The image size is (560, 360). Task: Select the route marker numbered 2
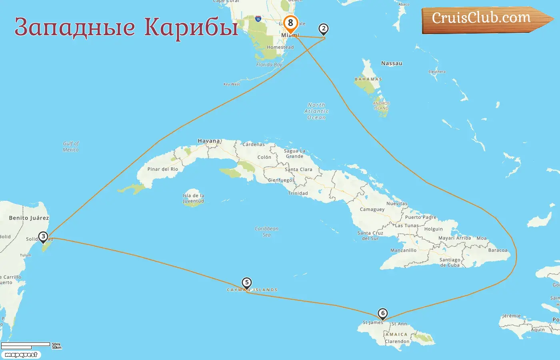(324, 29)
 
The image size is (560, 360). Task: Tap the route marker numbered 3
(43, 237)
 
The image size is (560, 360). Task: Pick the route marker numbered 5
(247, 283)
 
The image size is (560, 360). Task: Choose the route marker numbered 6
(383, 314)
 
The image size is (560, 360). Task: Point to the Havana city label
(209, 141)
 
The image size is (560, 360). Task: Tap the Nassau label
(392, 63)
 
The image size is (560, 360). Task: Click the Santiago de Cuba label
(450, 262)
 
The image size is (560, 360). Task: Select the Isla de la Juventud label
(194, 198)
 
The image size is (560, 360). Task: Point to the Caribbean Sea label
(266, 232)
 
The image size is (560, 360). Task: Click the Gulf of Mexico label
(71, 146)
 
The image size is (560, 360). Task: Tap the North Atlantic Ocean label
(316, 111)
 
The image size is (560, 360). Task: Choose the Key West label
(232, 84)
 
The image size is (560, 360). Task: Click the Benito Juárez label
(29, 218)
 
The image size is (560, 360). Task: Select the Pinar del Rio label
(162, 169)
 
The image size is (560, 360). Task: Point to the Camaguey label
(372, 209)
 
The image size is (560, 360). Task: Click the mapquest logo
(21, 355)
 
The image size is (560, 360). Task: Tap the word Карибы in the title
(191, 27)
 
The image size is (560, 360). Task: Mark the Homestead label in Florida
(280, 47)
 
